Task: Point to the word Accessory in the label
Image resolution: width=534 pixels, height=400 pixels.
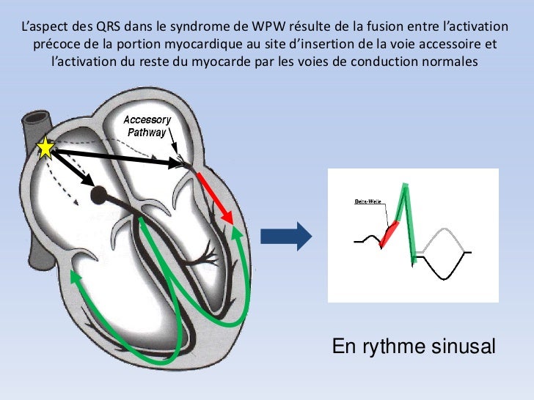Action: click(147, 120)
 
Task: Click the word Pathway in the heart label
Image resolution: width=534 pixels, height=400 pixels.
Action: click(147, 133)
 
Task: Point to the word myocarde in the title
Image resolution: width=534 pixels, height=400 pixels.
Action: click(218, 62)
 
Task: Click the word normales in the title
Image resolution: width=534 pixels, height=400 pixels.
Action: click(452, 62)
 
